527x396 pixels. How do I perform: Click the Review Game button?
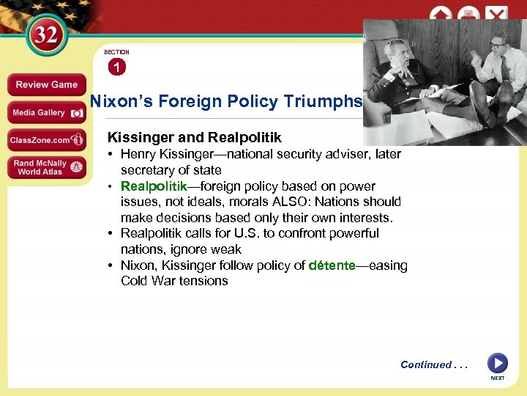pyautogui.click(x=47, y=84)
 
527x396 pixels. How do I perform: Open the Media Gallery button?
pyautogui.click(x=47, y=113)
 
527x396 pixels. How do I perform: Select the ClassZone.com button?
pyautogui.click(x=47, y=139)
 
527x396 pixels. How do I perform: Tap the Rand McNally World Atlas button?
pyautogui.click(x=47, y=167)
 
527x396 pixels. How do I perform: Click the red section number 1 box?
pyautogui.click(x=116, y=67)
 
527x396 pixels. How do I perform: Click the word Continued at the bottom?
pyautogui.click(x=426, y=364)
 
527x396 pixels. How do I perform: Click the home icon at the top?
pyautogui.click(x=441, y=15)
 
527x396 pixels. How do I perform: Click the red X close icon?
pyautogui.click(x=497, y=15)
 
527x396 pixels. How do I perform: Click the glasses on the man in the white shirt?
pyautogui.click(x=498, y=45)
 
